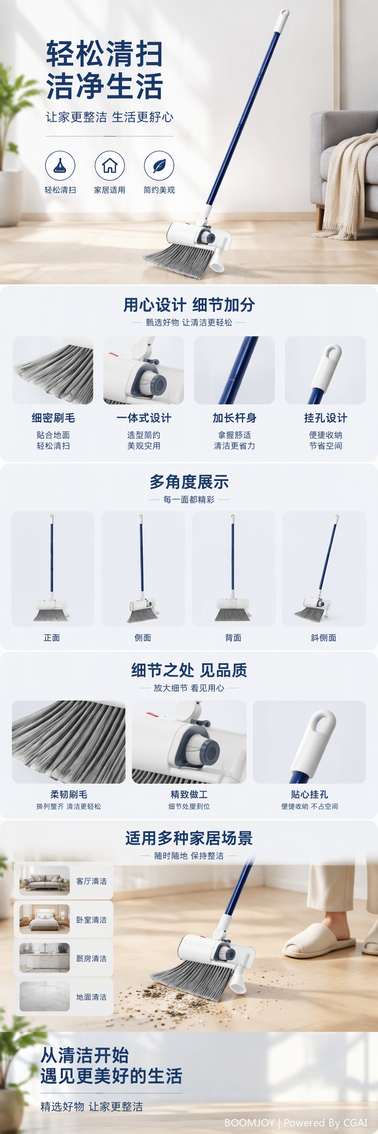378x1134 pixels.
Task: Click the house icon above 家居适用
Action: point(110,165)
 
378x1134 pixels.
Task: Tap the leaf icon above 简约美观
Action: point(159,165)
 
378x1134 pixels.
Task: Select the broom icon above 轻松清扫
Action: point(60,165)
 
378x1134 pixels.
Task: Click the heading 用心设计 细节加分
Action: point(189,305)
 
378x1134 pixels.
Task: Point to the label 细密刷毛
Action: point(53,418)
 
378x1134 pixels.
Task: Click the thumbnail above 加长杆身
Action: point(234,370)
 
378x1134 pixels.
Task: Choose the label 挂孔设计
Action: point(325,418)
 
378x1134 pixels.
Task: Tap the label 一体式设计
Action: point(144,418)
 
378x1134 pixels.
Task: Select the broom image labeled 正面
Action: point(52,569)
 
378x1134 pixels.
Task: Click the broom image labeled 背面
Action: point(233,569)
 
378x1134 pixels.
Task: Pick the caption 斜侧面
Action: point(323,637)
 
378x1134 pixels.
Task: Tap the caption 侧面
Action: point(143,637)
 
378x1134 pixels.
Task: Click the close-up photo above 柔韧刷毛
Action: point(69,741)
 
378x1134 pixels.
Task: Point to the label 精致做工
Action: point(189,794)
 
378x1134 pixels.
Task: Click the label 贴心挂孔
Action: point(310,794)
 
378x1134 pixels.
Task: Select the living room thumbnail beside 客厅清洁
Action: point(45,881)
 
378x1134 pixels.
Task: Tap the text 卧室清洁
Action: point(91,919)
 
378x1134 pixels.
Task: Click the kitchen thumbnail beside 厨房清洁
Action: point(45,958)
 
